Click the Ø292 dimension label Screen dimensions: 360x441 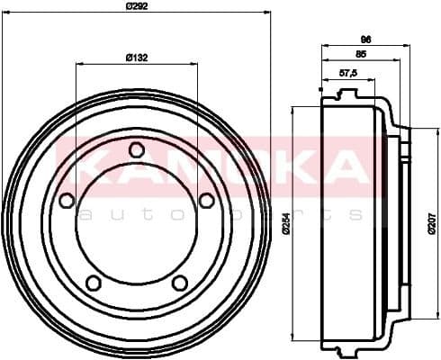(137, 6)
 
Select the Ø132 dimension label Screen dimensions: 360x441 (137, 58)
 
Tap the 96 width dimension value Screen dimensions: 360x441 (365, 39)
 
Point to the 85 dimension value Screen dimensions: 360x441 (360, 54)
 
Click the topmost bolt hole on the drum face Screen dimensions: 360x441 (137, 149)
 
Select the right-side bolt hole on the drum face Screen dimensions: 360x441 (206, 200)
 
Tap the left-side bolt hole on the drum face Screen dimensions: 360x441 (67, 201)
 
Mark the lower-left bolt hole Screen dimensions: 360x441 (93, 283)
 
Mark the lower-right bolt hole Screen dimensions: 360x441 (180, 283)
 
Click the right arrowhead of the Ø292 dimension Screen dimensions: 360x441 (267, 13)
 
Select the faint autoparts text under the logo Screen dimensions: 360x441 (220, 214)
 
